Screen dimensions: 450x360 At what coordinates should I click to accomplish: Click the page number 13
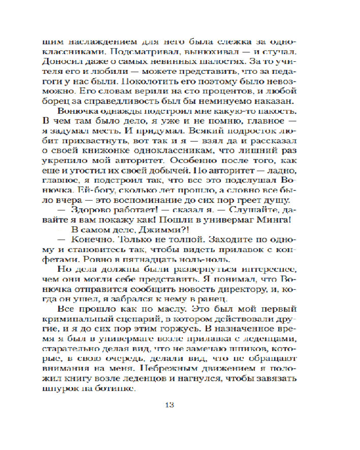coord(170,403)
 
